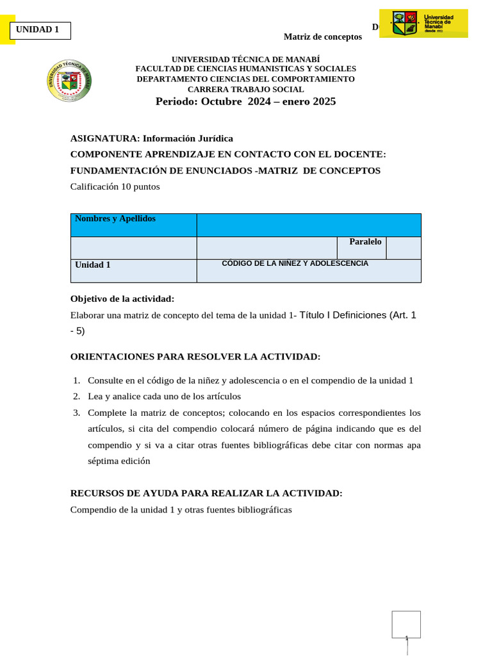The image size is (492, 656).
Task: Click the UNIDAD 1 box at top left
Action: [x=40, y=30]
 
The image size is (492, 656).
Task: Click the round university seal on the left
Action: [x=69, y=81]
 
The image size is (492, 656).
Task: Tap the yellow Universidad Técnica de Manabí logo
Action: [x=423, y=24]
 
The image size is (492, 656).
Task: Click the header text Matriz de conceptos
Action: [x=322, y=37]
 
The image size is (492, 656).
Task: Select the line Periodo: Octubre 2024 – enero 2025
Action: [x=245, y=102]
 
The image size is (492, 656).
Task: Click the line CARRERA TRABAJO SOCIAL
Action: [x=245, y=90]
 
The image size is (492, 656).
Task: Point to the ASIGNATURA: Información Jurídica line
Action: [x=151, y=138]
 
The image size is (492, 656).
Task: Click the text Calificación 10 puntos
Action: [x=115, y=187]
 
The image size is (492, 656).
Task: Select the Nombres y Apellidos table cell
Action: [x=133, y=225]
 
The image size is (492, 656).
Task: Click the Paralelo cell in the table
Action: [x=362, y=247]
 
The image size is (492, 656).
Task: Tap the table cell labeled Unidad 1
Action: [x=133, y=270]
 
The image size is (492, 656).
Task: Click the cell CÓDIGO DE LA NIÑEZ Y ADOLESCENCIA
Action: [x=308, y=270]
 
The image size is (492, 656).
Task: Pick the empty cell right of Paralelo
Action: [x=404, y=247]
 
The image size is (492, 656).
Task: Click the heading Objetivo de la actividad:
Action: [x=122, y=299]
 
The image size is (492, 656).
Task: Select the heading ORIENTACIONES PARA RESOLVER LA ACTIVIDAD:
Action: [x=195, y=357]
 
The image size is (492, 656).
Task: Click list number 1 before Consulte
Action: [x=76, y=381]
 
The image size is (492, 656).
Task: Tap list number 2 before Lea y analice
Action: [x=76, y=397]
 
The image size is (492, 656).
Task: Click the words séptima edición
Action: [x=119, y=461]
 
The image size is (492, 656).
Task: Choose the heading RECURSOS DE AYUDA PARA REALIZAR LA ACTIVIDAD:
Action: [x=206, y=493]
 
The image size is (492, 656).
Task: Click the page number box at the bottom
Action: [x=406, y=624]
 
